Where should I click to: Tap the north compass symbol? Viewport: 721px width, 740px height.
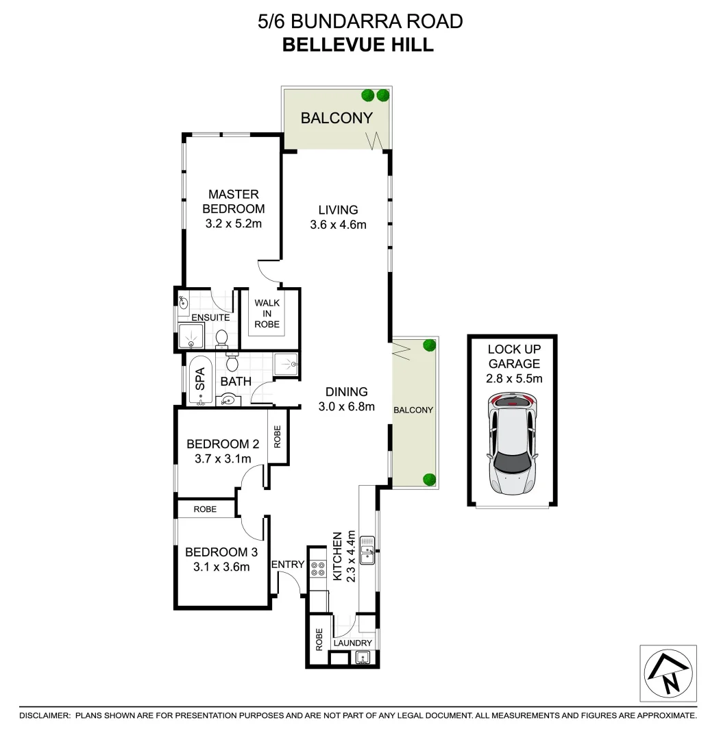tap(668, 673)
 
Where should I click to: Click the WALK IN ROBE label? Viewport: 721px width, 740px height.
tap(267, 313)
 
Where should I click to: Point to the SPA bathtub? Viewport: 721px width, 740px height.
tap(200, 382)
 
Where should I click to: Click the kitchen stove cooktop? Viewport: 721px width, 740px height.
tap(318, 567)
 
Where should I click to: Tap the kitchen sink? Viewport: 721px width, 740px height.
tap(368, 550)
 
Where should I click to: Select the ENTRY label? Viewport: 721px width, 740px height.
tap(287, 565)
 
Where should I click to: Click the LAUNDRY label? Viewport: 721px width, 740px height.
tap(353, 643)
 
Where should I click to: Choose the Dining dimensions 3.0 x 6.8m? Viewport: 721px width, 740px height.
tap(347, 406)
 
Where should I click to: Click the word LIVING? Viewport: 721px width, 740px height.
tap(338, 210)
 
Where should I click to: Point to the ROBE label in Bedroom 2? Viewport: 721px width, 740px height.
tap(278, 436)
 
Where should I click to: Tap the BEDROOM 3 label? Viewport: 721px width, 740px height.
tap(217, 552)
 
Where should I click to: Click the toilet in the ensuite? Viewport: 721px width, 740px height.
tap(221, 337)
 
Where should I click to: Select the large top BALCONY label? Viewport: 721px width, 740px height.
tap(337, 118)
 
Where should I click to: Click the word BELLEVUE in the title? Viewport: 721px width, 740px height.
tap(332, 45)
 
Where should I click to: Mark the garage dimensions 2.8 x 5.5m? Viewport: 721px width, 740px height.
tap(513, 378)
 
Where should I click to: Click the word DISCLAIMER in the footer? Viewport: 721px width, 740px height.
tap(45, 715)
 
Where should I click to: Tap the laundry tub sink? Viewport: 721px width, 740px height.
tap(363, 658)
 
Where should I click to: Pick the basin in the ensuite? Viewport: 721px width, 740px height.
tap(184, 301)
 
